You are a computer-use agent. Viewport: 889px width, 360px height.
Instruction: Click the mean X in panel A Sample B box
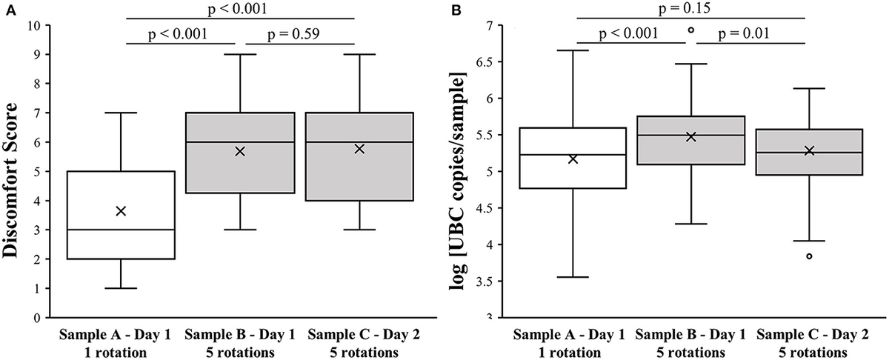tap(239, 151)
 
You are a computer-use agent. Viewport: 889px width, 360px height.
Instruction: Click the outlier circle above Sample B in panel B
tap(690, 30)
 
